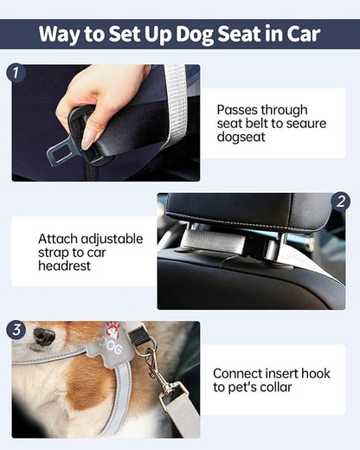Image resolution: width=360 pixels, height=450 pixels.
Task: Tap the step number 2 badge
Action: point(342,202)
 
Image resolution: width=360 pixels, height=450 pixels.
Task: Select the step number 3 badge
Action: point(16,330)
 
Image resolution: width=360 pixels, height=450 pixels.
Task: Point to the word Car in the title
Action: point(299,35)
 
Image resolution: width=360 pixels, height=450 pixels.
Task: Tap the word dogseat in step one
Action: point(241,141)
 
